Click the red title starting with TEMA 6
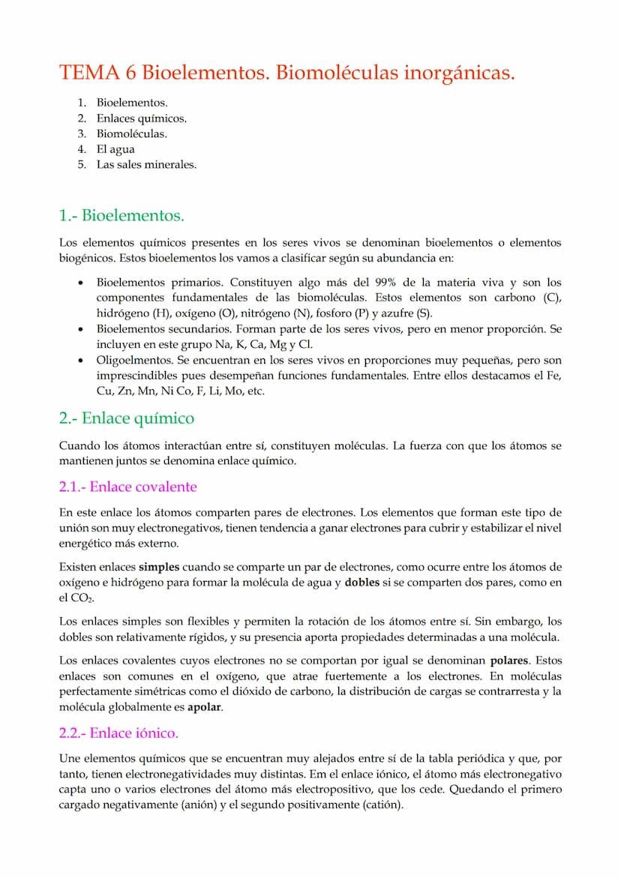287,73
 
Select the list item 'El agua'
115,149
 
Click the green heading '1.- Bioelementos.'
121,216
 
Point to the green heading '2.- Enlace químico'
126,418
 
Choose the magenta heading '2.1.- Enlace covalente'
127,487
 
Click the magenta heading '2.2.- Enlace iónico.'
118,733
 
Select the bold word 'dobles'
364,583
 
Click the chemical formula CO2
80,598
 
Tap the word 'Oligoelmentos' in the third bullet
130,361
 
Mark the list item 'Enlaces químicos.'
142,118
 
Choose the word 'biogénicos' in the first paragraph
86,259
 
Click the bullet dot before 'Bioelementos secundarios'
80,329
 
